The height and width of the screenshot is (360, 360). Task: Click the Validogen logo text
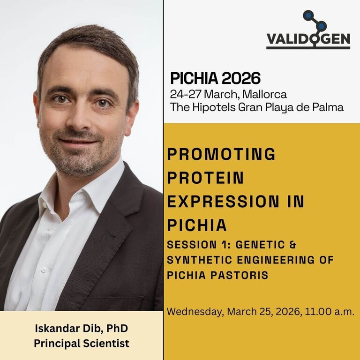308,40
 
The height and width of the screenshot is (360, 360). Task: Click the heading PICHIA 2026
215,78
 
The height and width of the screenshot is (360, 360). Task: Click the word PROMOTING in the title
221,154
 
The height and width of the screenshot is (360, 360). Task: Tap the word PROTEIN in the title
205,178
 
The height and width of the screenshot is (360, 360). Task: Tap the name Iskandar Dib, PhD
82,328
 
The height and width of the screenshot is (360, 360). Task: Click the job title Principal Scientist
82,343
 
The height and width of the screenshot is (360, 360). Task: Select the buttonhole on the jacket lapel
111,233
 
